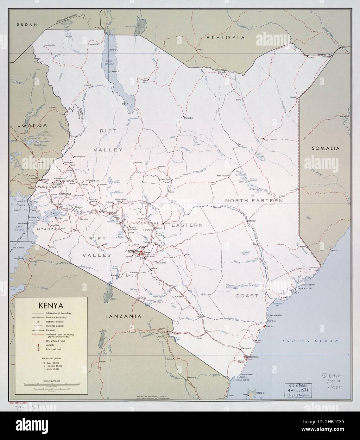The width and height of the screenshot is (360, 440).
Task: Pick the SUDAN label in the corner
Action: tap(27, 24)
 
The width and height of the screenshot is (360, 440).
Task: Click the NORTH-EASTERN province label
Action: tap(254, 201)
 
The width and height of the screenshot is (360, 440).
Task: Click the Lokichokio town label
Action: tap(49, 45)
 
